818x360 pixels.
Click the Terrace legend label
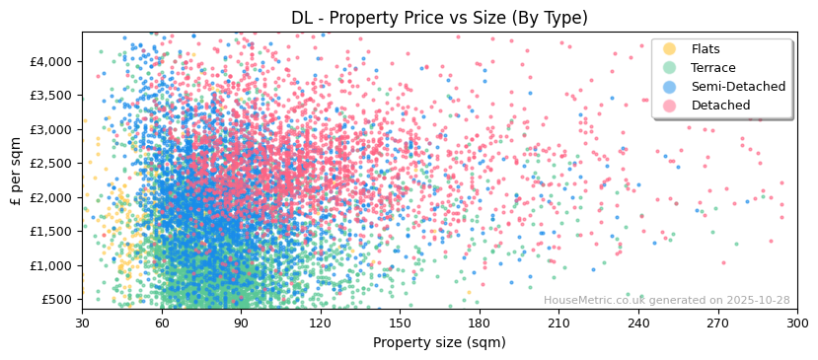(712, 68)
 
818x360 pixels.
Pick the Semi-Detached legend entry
(738, 87)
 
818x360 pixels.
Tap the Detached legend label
(720, 106)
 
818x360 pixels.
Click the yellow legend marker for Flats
(670, 49)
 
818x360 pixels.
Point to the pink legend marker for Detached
(670, 106)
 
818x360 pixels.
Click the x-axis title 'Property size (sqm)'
(439, 343)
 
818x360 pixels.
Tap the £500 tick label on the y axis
(56, 300)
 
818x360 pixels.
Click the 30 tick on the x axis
(82, 322)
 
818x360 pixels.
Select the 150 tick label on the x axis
(400, 322)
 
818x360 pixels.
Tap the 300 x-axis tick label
(797, 322)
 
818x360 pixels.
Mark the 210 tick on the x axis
(558, 322)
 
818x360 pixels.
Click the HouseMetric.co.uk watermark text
(666, 301)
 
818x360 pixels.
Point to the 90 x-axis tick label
(241, 322)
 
